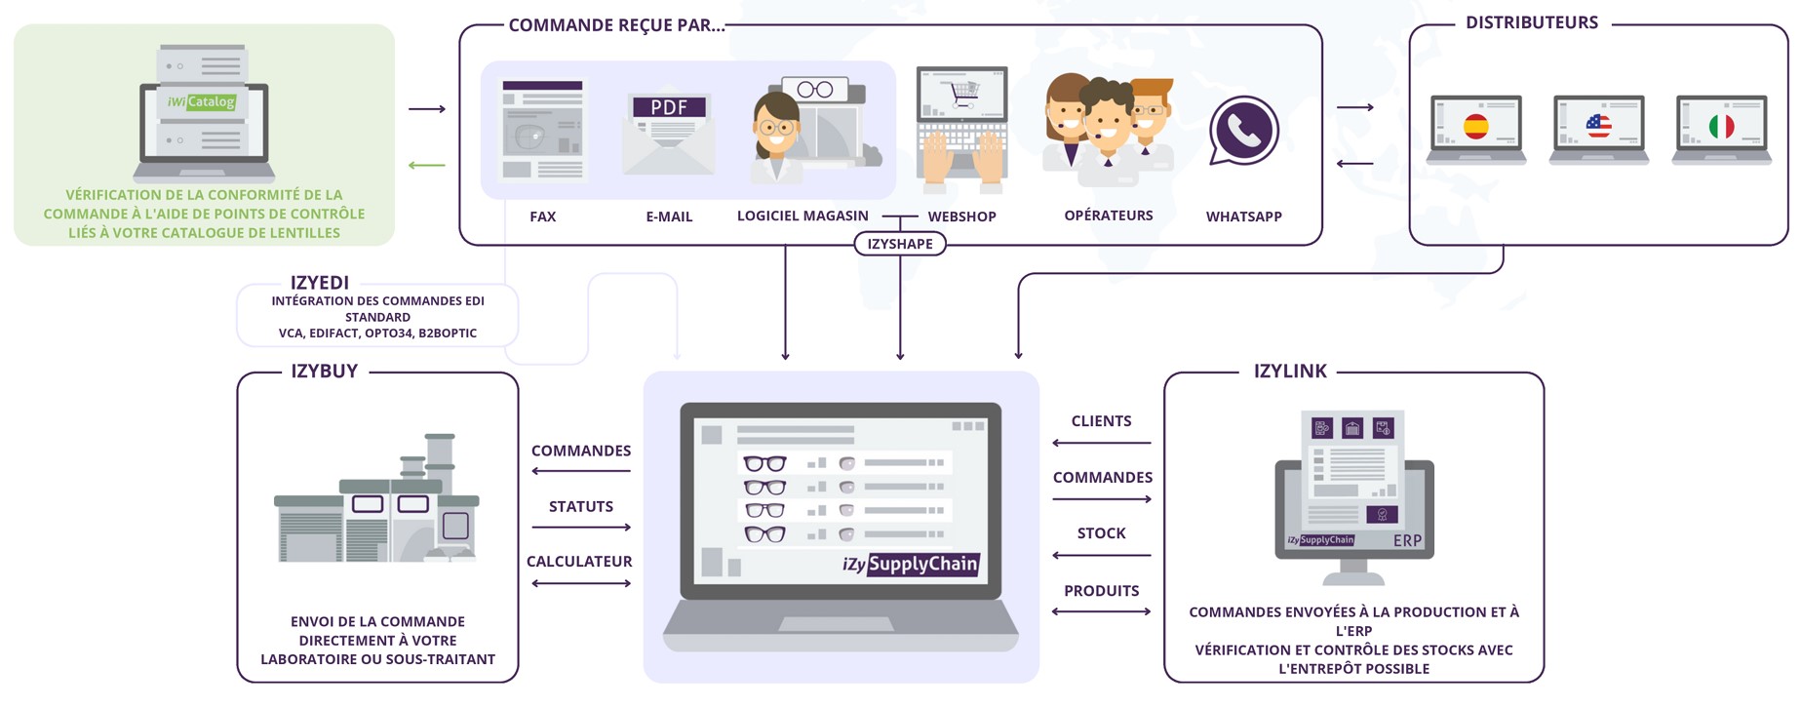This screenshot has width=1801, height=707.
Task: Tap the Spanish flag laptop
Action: (x=1476, y=129)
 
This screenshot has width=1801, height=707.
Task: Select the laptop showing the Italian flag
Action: (x=1721, y=129)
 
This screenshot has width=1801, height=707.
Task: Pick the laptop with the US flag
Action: (x=1598, y=129)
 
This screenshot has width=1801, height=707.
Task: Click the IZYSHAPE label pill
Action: (x=899, y=244)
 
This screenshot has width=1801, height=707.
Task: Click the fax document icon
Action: (x=542, y=131)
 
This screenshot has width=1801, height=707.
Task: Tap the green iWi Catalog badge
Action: (x=201, y=101)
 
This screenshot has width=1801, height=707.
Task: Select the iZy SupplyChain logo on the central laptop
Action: (x=910, y=564)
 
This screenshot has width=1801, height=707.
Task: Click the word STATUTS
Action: (x=581, y=506)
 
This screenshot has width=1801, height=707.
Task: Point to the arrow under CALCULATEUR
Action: (x=581, y=583)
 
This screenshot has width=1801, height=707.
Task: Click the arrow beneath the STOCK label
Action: (x=1102, y=556)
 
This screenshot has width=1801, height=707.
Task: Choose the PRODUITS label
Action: (x=1102, y=591)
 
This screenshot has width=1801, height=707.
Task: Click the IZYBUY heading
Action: (x=324, y=372)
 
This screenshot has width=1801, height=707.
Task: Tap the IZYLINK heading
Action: (x=1290, y=372)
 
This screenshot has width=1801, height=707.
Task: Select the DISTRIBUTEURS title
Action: (x=1531, y=23)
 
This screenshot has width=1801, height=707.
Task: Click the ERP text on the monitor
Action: (x=1407, y=540)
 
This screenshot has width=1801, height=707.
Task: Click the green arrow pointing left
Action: (x=426, y=165)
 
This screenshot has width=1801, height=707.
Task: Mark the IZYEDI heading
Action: (x=319, y=283)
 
